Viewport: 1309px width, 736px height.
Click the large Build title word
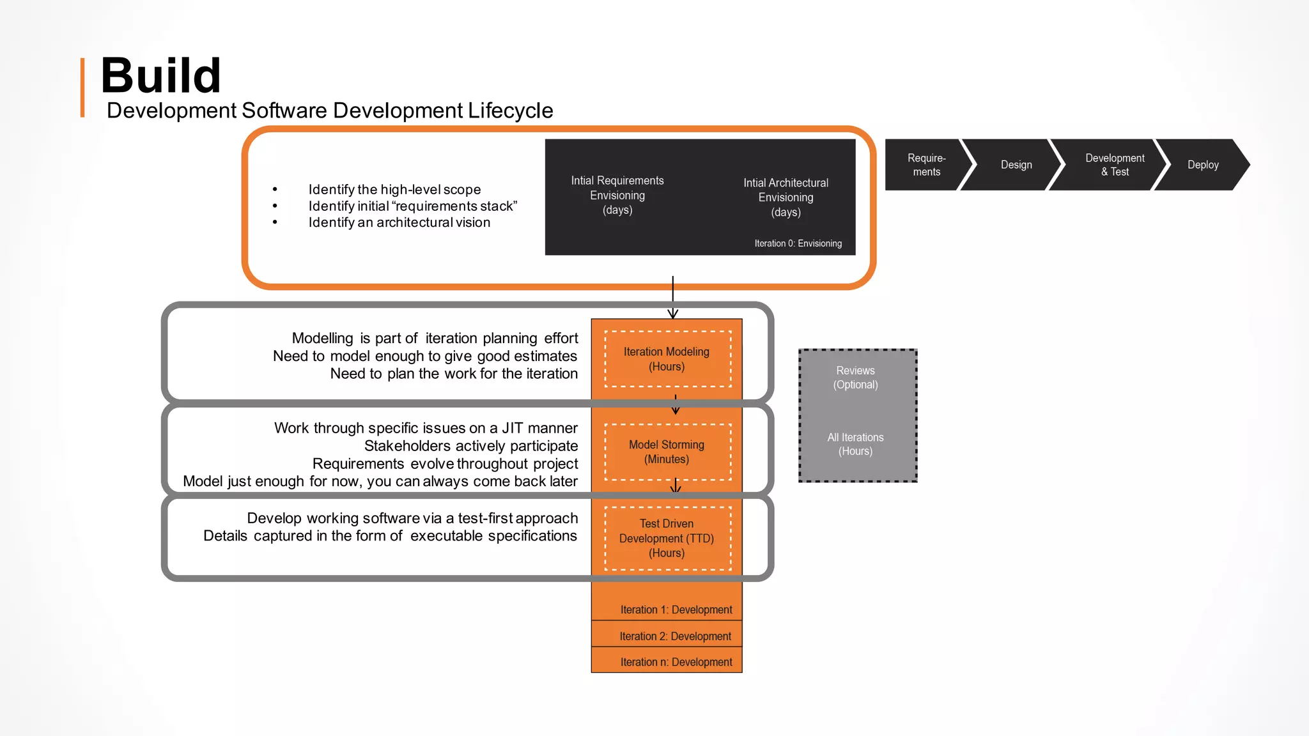(160, 75)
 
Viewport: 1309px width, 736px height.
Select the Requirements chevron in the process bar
(926, 165)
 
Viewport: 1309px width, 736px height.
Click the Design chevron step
(1016, 165)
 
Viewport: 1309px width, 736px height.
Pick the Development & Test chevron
(1114, 165)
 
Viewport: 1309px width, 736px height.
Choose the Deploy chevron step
(1202, 165)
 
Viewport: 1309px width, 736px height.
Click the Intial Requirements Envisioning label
(617, 195)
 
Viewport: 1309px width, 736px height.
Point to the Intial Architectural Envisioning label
(786, 197)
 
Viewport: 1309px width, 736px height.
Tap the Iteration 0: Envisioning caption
(798, 243)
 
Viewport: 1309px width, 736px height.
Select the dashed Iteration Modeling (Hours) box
(667, 359)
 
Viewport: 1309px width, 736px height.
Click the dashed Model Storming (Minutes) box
(667, 452)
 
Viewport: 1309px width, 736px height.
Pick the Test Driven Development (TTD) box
(667, 538)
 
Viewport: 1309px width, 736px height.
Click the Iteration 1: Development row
(676, 609)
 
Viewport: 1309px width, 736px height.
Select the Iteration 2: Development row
(675, 636)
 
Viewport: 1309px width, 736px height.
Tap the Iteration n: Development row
(676, 662)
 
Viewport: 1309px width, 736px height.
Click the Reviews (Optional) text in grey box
(855, 378)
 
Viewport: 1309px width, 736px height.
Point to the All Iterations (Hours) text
(855, 444)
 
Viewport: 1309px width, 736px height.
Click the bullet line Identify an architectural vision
(399, 222)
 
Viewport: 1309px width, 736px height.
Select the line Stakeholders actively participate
(470, 446)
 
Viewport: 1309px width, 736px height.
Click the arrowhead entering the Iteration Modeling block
(672, 314)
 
